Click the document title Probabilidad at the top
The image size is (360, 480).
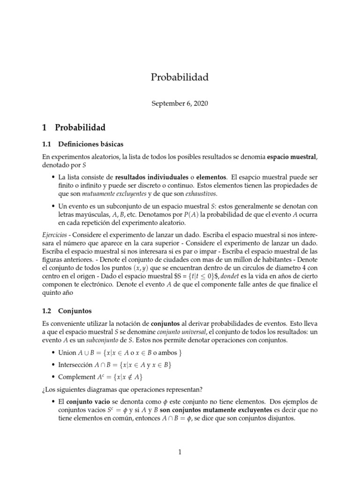180,77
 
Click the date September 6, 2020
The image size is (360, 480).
180,104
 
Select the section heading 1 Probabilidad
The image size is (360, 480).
74,127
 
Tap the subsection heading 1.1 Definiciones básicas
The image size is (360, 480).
82,144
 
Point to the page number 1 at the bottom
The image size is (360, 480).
180,452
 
